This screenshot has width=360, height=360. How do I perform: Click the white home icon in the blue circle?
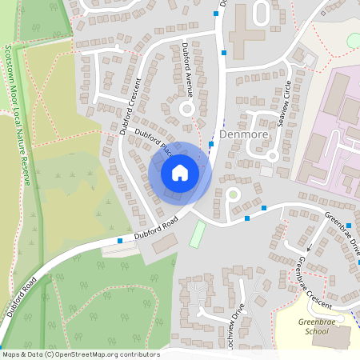tap(180, 173)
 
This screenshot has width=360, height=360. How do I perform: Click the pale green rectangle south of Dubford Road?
tap(197, 234)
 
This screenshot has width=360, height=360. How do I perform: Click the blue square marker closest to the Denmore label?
tap(211, 145)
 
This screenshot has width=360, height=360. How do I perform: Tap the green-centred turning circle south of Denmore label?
tap(232, 194)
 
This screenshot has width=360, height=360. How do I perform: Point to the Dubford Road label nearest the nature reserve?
tap(21, 297)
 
